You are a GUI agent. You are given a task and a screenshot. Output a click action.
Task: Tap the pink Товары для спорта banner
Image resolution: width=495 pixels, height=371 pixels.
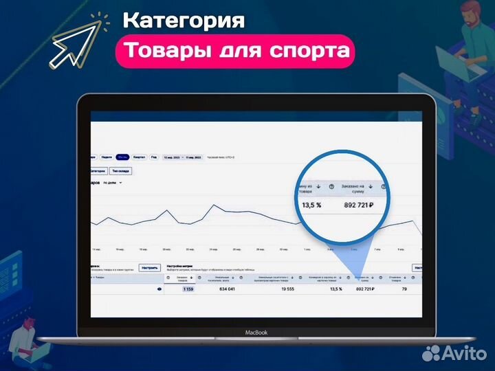[234, 51]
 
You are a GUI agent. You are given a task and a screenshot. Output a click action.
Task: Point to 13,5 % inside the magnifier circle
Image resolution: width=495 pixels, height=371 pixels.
[311, 205]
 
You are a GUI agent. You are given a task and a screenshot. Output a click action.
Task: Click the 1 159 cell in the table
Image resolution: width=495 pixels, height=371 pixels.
[188, 289]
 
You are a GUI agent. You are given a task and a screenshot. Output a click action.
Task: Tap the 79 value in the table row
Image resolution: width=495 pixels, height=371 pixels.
[404, 289]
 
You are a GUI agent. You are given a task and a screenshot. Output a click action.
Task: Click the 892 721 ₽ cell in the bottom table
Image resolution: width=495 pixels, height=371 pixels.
[369, 289]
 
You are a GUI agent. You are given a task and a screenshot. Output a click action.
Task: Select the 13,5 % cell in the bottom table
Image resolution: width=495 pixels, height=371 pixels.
[335, 289]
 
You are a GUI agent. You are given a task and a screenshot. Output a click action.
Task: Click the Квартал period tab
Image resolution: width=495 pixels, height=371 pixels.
[139, 157]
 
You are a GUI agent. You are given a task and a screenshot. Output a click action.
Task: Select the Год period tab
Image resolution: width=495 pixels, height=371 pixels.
[153, 157]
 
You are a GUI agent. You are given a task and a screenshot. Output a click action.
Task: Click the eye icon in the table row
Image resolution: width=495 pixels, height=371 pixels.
[159, 289]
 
